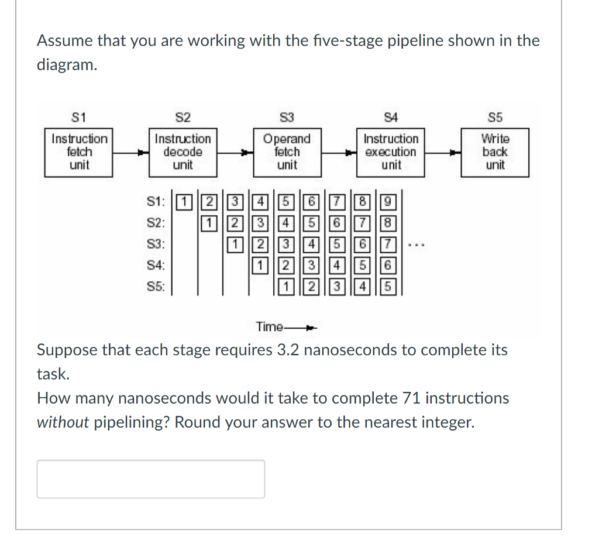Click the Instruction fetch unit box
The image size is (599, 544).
(x=80, y=152)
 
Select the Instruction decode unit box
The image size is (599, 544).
(x=183, y=152)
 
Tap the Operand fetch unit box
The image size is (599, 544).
(x=287, y=152)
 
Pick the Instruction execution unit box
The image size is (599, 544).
(x=391, y=152)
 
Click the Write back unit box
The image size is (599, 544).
(x=495, y=152)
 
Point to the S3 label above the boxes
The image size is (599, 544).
(x=287, y=118)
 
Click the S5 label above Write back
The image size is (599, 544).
(x=495, y=118)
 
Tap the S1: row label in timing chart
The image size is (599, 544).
(x=156, y=203)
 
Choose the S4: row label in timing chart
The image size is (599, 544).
(x=156, y=266)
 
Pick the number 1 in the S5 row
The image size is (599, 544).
(x=285, y=287)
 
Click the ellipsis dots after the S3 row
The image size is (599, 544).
(x=412, y=246)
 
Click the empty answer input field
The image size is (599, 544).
(x=151, y=478)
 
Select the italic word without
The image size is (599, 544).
(x=63, y=422)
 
